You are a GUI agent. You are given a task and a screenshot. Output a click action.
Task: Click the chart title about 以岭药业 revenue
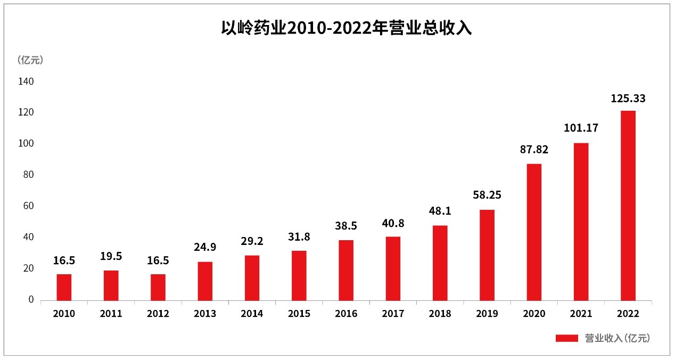pos(347,28)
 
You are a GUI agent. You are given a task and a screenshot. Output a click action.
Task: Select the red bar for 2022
pos(628,205)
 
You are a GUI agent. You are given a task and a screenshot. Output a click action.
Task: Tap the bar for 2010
pos(64,287)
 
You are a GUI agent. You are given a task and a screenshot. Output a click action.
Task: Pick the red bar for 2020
pos(534,232)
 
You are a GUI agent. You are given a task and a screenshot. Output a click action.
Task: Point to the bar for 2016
pos(346,270)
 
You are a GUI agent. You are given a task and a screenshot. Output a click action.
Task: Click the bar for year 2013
pos(205,281)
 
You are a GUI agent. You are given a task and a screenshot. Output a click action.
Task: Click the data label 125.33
pos(628,99)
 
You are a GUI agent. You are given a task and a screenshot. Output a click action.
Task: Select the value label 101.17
pos(581,128)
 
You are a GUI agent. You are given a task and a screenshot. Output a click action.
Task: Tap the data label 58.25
pos(487,195)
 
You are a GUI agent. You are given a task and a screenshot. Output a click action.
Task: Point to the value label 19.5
pos(111,256)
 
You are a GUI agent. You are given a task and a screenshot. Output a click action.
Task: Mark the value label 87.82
pos(534,150)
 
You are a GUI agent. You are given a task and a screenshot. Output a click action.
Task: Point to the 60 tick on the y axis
pos(28,206)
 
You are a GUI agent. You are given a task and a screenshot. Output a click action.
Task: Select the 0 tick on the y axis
pos(31,299)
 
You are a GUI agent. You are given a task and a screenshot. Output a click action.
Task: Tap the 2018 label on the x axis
pos(440,314)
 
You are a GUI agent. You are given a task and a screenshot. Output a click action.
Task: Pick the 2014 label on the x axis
pos(252,314)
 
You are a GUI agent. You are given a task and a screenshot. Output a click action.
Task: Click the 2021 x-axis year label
pos(581,314)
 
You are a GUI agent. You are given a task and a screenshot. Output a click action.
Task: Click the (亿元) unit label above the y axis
pos(30,60)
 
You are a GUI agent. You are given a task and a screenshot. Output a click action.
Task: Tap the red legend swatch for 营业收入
pos(566,338)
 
